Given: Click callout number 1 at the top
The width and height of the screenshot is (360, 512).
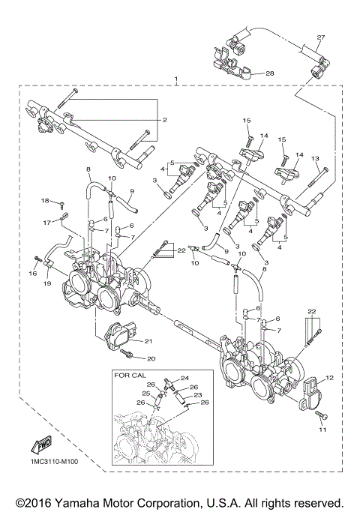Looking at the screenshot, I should (175, 79).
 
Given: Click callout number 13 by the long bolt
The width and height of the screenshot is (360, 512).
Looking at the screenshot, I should (315, 158).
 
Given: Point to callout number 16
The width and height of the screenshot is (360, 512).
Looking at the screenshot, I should (33, 274).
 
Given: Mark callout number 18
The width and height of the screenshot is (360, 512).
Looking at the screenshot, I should (45, 200).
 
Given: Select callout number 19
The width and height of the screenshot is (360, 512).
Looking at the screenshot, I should (46, 286).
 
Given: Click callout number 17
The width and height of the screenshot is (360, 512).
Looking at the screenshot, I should (46, 223).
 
